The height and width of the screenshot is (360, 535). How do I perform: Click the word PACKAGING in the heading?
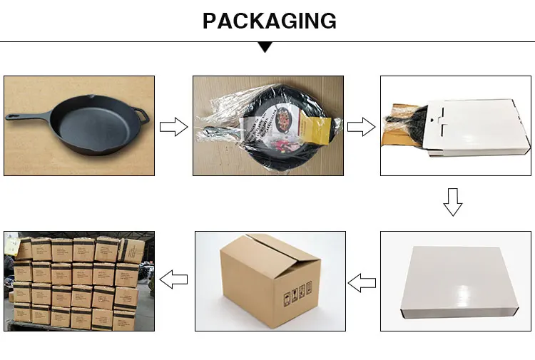click(x=269, y=21)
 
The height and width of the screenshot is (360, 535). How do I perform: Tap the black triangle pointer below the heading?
click(x=265, y=47)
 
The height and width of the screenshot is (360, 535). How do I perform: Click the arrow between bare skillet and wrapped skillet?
click(x=172, y=128)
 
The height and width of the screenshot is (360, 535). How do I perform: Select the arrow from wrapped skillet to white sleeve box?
click(x=360, y=128)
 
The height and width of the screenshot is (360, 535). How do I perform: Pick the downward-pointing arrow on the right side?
click(x=453, y=202)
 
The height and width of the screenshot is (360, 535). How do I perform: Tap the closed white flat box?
click(x=457, y=281)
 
